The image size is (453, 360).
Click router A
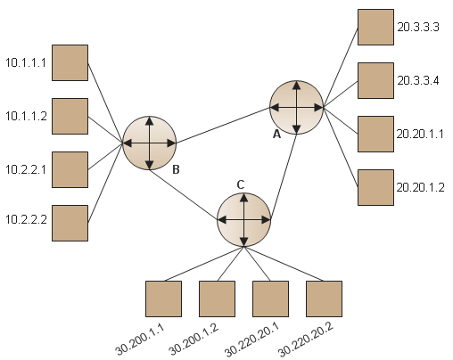(x=296, y=107)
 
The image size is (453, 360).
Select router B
(x=150, y=143)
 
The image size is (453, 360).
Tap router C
(x=244, y=220)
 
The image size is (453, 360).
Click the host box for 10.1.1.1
(x=70, y=62)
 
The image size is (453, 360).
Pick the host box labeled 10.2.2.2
(x=70, y=223)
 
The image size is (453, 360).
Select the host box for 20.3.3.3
(x=375, y=27)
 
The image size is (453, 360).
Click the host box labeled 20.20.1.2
(x=375, y=187)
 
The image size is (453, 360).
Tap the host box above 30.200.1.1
(x=163, y=299)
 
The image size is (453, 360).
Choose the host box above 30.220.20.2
(x=324, y=299)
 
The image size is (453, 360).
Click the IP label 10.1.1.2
(x=26, y=116)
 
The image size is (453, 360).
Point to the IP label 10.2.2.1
(x=26, y=169)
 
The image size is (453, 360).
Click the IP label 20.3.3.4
(x=418, y=80)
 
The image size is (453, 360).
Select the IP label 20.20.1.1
(x=420, y=134)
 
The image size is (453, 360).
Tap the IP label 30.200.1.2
(x=194, y=340)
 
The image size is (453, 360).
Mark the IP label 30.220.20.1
(x=251, y=340)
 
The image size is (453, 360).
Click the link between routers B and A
(x=223, y=125)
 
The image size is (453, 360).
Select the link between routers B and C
(x=184, y=195)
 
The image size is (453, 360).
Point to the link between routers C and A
(x=284, y=177)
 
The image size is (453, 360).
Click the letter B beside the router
(x=176, y=169)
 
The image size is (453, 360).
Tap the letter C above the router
(x=241, y=184)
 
